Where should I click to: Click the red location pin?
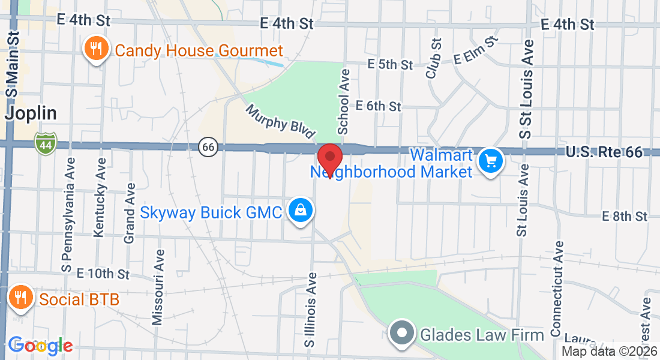[x=329, y=157]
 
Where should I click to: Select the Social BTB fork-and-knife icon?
[x=20, y=297]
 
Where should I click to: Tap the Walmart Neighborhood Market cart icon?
[x=490, y=161]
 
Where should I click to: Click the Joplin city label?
[x=31, y=113]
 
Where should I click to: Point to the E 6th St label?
[x=378, y=106]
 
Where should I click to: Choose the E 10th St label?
[x=104, y=274]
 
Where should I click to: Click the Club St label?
[x=433, y=58]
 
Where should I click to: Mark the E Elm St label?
[x=476, y=50]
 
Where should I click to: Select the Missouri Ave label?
[x=158, y=287]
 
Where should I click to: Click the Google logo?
[x=40, y=346]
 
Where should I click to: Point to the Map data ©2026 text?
[x=609, y=352]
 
